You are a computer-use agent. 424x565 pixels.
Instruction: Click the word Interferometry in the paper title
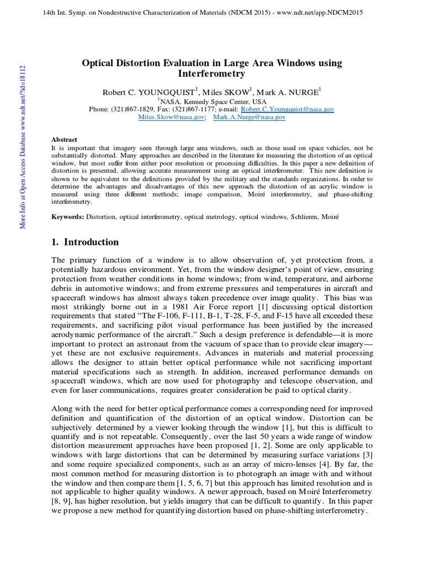pos(211,73)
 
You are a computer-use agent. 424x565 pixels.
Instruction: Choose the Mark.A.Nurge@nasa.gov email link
pos(249,117)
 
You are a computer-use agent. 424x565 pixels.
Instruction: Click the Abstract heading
pos(64,140)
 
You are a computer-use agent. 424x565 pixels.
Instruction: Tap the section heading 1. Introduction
pos(84,242)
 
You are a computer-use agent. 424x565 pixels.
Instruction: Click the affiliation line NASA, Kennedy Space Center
pos(211,101)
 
